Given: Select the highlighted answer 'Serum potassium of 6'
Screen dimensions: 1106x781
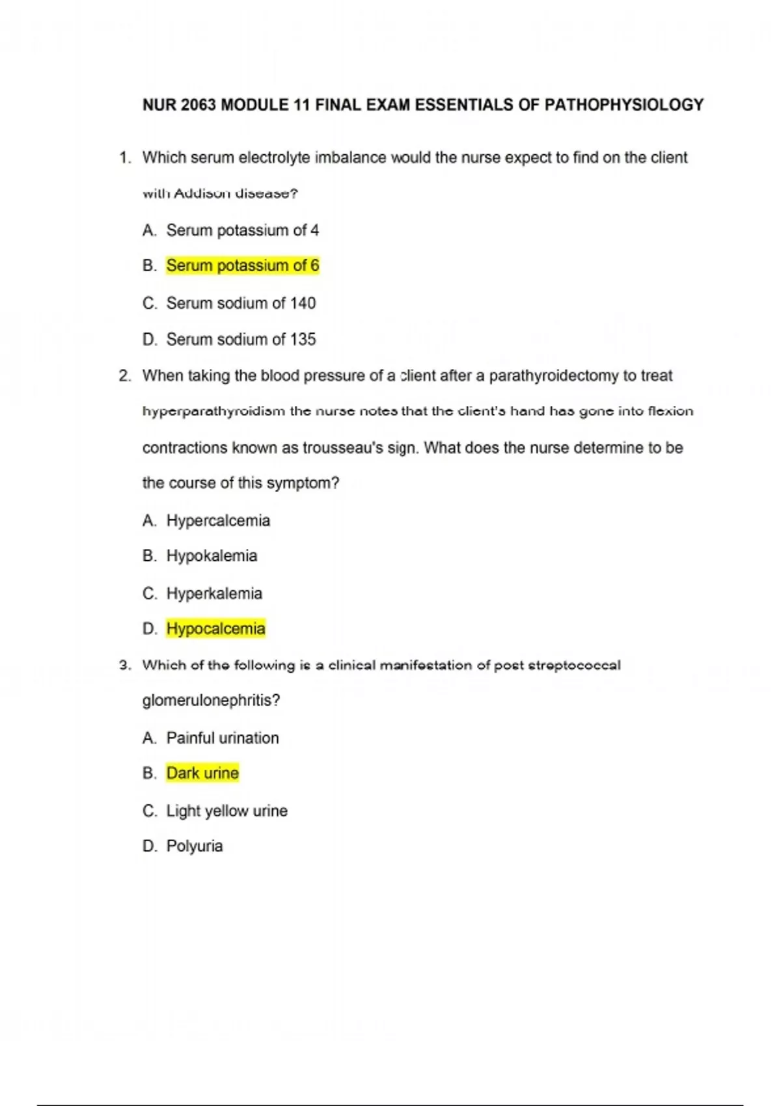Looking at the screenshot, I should [242, 265].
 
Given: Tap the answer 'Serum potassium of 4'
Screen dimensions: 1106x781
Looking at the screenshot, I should [242, 230].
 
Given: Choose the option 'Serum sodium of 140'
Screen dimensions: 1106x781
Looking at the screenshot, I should [241, 303].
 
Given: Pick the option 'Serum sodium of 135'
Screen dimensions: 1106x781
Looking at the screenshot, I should [241, 339].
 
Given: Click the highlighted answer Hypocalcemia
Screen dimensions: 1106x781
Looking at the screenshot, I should [215, 628].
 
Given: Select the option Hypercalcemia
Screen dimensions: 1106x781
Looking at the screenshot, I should [218, 520].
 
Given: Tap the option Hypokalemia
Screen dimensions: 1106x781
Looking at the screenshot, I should [212, 556].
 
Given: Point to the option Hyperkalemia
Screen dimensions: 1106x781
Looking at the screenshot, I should [214, 593].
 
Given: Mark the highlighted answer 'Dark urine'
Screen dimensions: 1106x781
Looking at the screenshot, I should [202, 773].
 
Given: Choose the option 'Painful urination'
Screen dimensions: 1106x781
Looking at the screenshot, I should [223, 738].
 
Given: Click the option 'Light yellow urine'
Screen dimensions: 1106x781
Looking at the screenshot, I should [226, 811].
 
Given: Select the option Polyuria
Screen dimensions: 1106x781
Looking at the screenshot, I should [194, 846].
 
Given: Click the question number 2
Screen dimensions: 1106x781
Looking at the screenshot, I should [124, 376].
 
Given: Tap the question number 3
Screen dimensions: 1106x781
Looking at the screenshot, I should [124, 665].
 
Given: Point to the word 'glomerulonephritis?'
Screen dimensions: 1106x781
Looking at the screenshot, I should [211, 701].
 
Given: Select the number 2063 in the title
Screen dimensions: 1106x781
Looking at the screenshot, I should [199, 105].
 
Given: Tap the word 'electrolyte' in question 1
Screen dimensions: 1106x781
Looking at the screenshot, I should [274, 157].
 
